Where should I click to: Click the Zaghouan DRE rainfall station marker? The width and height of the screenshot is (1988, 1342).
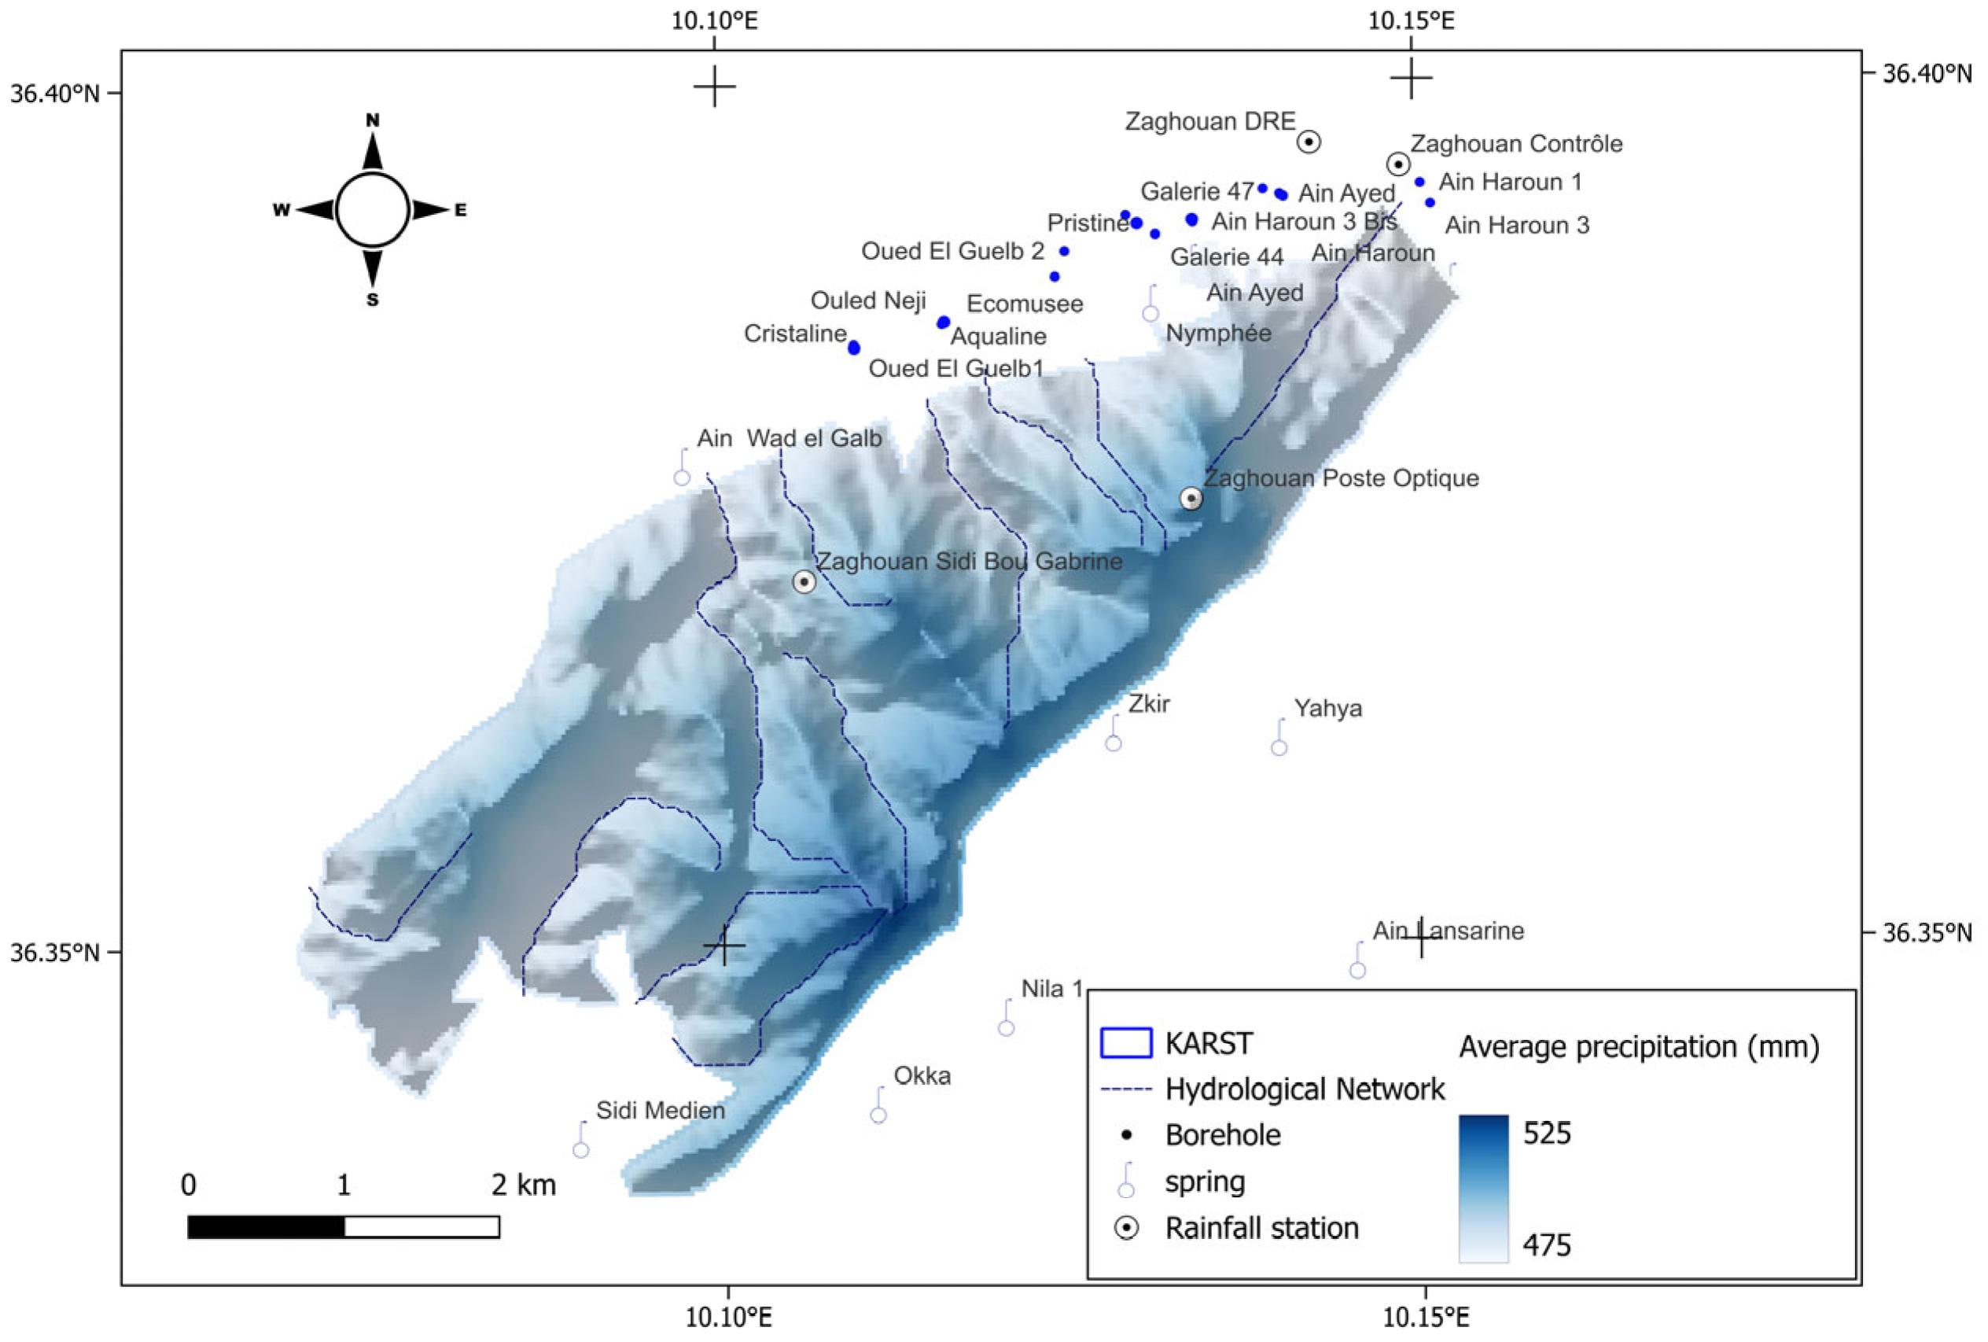1308,142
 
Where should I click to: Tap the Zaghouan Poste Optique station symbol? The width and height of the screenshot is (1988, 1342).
1191,498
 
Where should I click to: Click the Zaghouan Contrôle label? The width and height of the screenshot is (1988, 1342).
1516,144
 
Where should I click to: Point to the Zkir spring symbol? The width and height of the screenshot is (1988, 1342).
1113,742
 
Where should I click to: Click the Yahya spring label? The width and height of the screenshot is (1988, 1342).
1327,709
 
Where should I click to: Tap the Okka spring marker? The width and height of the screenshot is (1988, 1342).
878,1115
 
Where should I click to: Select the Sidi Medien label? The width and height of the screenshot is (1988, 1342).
661,1111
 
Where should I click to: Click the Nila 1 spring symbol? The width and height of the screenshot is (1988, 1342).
1006,1027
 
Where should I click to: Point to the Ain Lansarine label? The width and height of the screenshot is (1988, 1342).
1449,931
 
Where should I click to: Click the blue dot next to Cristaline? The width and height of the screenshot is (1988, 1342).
854,348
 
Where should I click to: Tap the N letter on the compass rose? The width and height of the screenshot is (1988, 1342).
372,120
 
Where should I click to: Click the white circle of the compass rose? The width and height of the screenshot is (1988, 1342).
372,210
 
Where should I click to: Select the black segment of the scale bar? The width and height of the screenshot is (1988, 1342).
266,1226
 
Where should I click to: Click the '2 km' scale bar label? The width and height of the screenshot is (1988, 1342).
524,1185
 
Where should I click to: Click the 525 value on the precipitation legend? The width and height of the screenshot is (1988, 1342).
1547,1134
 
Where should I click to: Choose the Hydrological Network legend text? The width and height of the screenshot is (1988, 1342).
1305,1089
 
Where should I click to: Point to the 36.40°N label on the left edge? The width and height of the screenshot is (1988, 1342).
54,94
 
